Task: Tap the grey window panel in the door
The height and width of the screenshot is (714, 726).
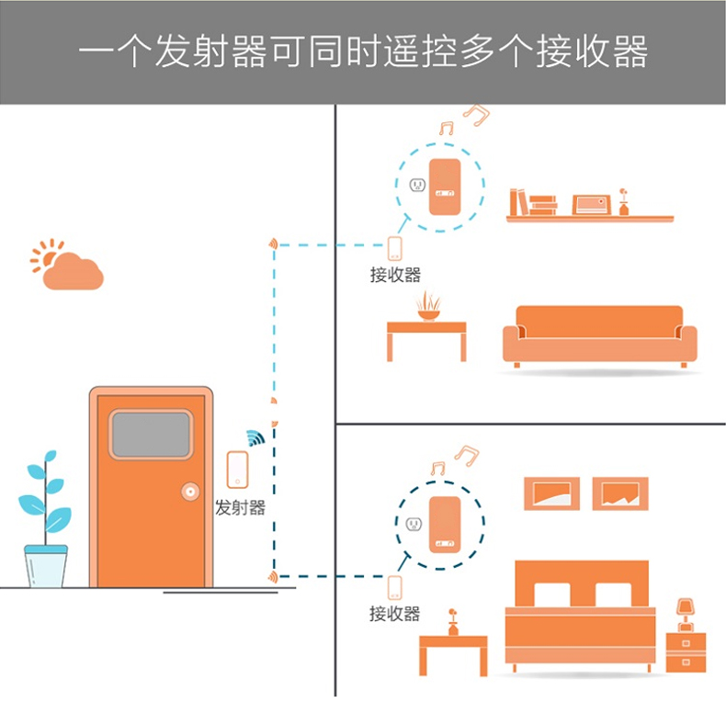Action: (151, 435)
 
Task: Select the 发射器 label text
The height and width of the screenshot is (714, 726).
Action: (240, 507)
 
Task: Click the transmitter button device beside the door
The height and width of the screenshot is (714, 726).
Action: (238, 470)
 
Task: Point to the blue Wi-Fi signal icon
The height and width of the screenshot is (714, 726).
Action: (255, 436)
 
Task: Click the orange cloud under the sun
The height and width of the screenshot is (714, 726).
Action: (74, 273)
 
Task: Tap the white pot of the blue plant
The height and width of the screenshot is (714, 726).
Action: (46, 565)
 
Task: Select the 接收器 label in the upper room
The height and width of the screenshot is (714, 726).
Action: (395, 274)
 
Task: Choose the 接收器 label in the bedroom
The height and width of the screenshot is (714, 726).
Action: (394, 613)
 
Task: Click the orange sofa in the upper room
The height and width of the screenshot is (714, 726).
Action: (599, 336)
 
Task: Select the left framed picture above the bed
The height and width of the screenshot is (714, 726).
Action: (551, 493)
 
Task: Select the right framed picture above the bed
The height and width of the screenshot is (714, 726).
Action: (620, 493)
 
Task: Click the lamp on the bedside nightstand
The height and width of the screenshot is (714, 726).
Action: (684, 611)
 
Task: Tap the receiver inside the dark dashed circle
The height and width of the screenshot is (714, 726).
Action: (446, 524)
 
